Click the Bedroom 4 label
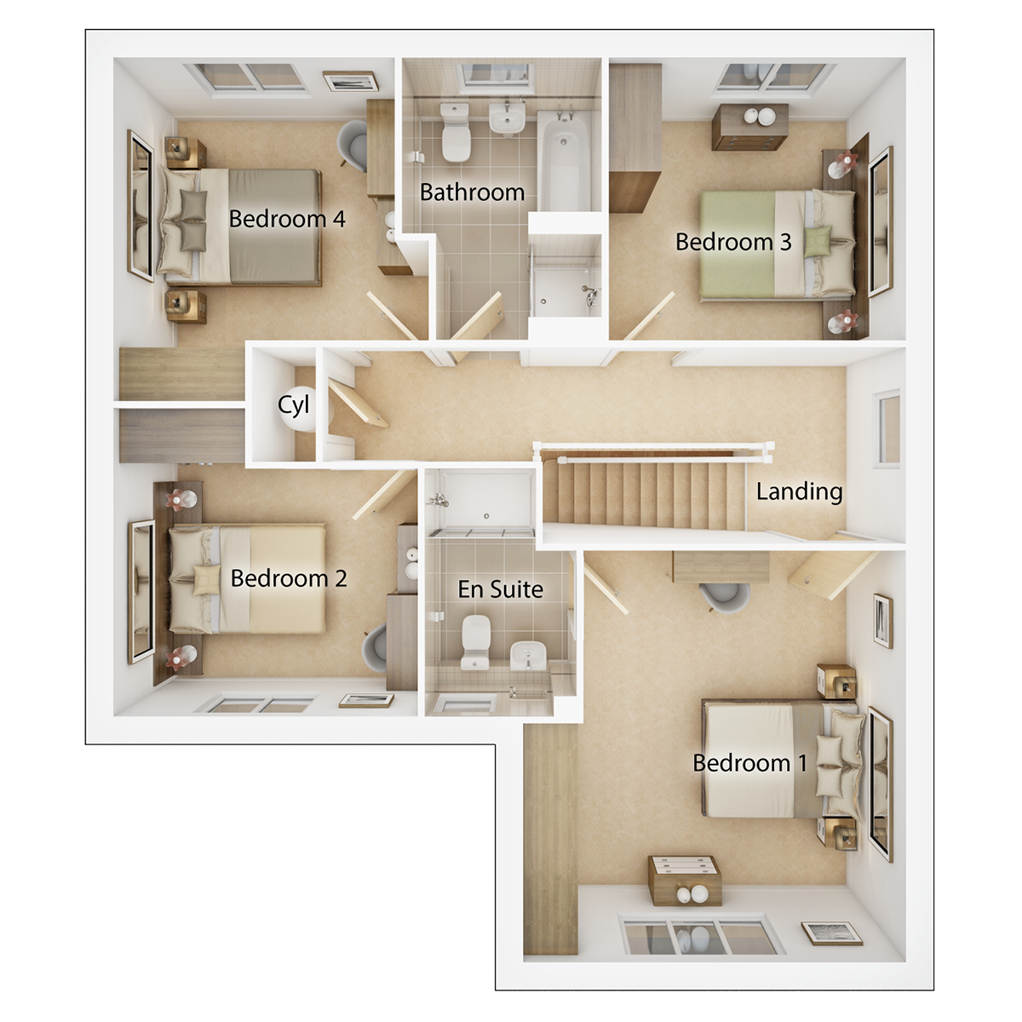point(287,219)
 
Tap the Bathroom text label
point(472,192)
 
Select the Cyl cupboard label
point(293,405)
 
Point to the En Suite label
point(500,589)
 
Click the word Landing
point(799,491)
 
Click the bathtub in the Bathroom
point(564,162)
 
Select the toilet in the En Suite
point(474,640)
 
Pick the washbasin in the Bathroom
point(507,118)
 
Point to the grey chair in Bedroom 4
point(353,143)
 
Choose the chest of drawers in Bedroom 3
point(749,126)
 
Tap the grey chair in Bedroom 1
point(724,596)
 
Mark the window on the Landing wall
point(887,428)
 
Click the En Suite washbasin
point(528,656)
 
